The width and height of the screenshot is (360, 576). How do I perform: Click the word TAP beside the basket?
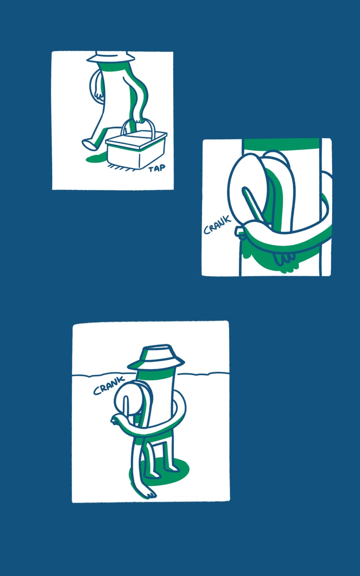coord(157,168)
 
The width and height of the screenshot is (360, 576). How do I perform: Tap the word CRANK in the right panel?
coord(217,225)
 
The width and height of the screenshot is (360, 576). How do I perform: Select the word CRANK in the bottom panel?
coord(109,385)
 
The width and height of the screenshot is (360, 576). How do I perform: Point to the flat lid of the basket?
coord(136,139)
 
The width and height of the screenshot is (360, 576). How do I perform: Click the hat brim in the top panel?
coord(111,59)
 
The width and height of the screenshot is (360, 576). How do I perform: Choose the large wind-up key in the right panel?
coord(260,190)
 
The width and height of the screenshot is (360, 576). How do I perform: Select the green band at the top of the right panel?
coord(282,143)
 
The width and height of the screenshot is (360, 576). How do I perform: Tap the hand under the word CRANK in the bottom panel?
coord(116,420)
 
